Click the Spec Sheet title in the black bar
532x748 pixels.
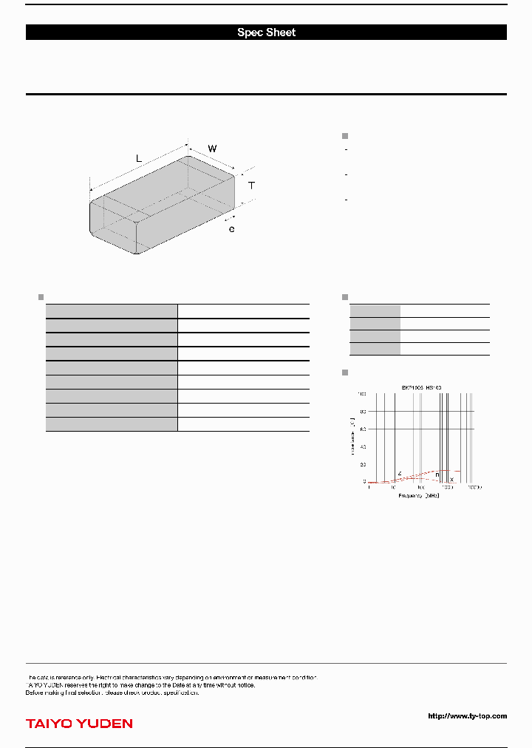[x=266, y=33]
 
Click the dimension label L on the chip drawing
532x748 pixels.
[x=138, y=158]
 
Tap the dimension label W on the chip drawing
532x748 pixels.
[x=212, y=149]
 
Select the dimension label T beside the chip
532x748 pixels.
[x=251, y=186]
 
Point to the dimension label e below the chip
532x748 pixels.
[x=231, y=230]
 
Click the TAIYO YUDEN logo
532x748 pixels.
[x=79, y=724]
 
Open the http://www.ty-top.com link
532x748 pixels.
[x=467, y=715]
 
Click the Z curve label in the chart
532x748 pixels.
[x=399, y=473]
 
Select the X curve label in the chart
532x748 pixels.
[x=451, y=480]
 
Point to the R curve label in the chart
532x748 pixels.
[x=437, y=475]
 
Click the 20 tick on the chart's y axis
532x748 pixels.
[x=362, y=464]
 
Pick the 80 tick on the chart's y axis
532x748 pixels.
[x=362, y=412]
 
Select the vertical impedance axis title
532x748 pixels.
[x=352, y=436]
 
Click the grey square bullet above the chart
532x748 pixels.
[x=344, y=372]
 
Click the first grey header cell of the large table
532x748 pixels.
[x=112, y=310]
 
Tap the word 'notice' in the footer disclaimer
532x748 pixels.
[x=245, y=685]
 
